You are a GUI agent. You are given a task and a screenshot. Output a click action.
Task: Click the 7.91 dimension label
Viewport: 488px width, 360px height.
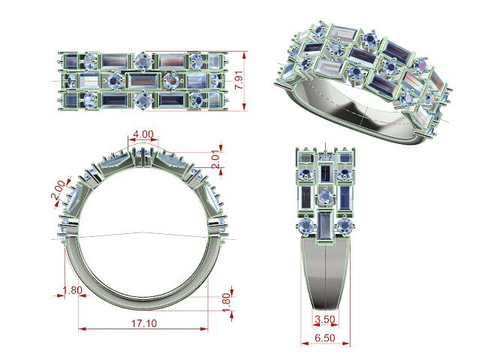click(239, 80)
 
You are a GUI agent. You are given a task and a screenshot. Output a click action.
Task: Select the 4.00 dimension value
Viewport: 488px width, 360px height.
click(143, 134)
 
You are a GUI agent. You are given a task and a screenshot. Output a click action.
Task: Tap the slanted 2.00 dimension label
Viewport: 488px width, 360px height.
click(59, 190)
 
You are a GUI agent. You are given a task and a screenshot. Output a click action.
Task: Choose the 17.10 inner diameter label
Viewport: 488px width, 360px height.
click(144, 323)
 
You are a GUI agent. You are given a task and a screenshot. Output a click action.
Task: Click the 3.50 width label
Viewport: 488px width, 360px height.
click(324, 319)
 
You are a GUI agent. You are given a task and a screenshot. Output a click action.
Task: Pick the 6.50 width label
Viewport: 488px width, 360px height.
click(324, 337)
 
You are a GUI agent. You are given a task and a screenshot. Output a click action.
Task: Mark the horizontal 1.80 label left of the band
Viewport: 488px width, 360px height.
click(73, 290)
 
